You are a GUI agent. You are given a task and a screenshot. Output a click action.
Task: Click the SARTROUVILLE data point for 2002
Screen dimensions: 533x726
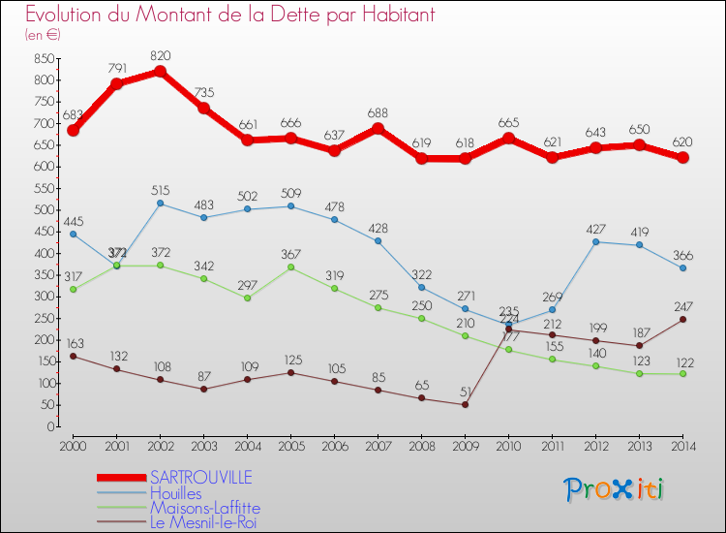coord(161,72)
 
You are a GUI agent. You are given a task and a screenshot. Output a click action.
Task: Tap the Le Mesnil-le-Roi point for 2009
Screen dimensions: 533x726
coord(465,404)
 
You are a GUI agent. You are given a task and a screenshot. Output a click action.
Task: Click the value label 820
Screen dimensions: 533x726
coord(161,55)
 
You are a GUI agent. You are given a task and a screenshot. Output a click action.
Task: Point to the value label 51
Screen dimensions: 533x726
coord(466,392)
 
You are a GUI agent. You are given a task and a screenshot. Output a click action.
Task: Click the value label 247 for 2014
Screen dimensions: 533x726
coord(683,306)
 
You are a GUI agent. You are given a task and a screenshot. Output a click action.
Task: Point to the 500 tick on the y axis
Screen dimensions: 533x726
coord(43,209)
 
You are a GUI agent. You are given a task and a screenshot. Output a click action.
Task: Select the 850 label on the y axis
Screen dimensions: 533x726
coord(43,58)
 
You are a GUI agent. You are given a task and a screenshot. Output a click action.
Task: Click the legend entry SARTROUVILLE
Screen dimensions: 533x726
coord(201,477)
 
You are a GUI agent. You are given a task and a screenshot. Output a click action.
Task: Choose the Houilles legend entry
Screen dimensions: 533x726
coord(176,492)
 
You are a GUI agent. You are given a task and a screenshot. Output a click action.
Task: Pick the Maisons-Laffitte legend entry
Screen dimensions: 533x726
coord(204,507)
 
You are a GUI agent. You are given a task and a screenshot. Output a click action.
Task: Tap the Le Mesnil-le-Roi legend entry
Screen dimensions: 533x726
coord(204,522)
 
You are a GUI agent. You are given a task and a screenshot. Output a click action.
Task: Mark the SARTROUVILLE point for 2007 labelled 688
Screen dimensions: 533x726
coord(378,129)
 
